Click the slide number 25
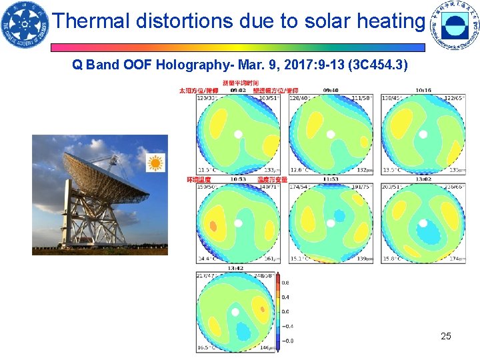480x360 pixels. click(446, 336)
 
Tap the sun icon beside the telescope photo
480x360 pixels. click(156, 162)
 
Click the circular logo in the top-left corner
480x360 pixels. click(25, 25)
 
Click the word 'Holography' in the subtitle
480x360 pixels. click(159, 66)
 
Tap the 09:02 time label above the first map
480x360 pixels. click(238, 89)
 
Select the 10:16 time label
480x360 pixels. click(423, 89)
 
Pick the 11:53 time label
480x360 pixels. click(331, 179)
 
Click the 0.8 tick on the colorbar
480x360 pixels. click(285, 283)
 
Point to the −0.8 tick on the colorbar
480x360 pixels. click(287, 340)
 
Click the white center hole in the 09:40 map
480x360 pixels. click(330, 134)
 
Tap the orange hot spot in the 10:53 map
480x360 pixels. click(214, 225)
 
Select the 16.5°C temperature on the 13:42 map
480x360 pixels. click(205, 348)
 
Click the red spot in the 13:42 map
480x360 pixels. click(263, 309)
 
